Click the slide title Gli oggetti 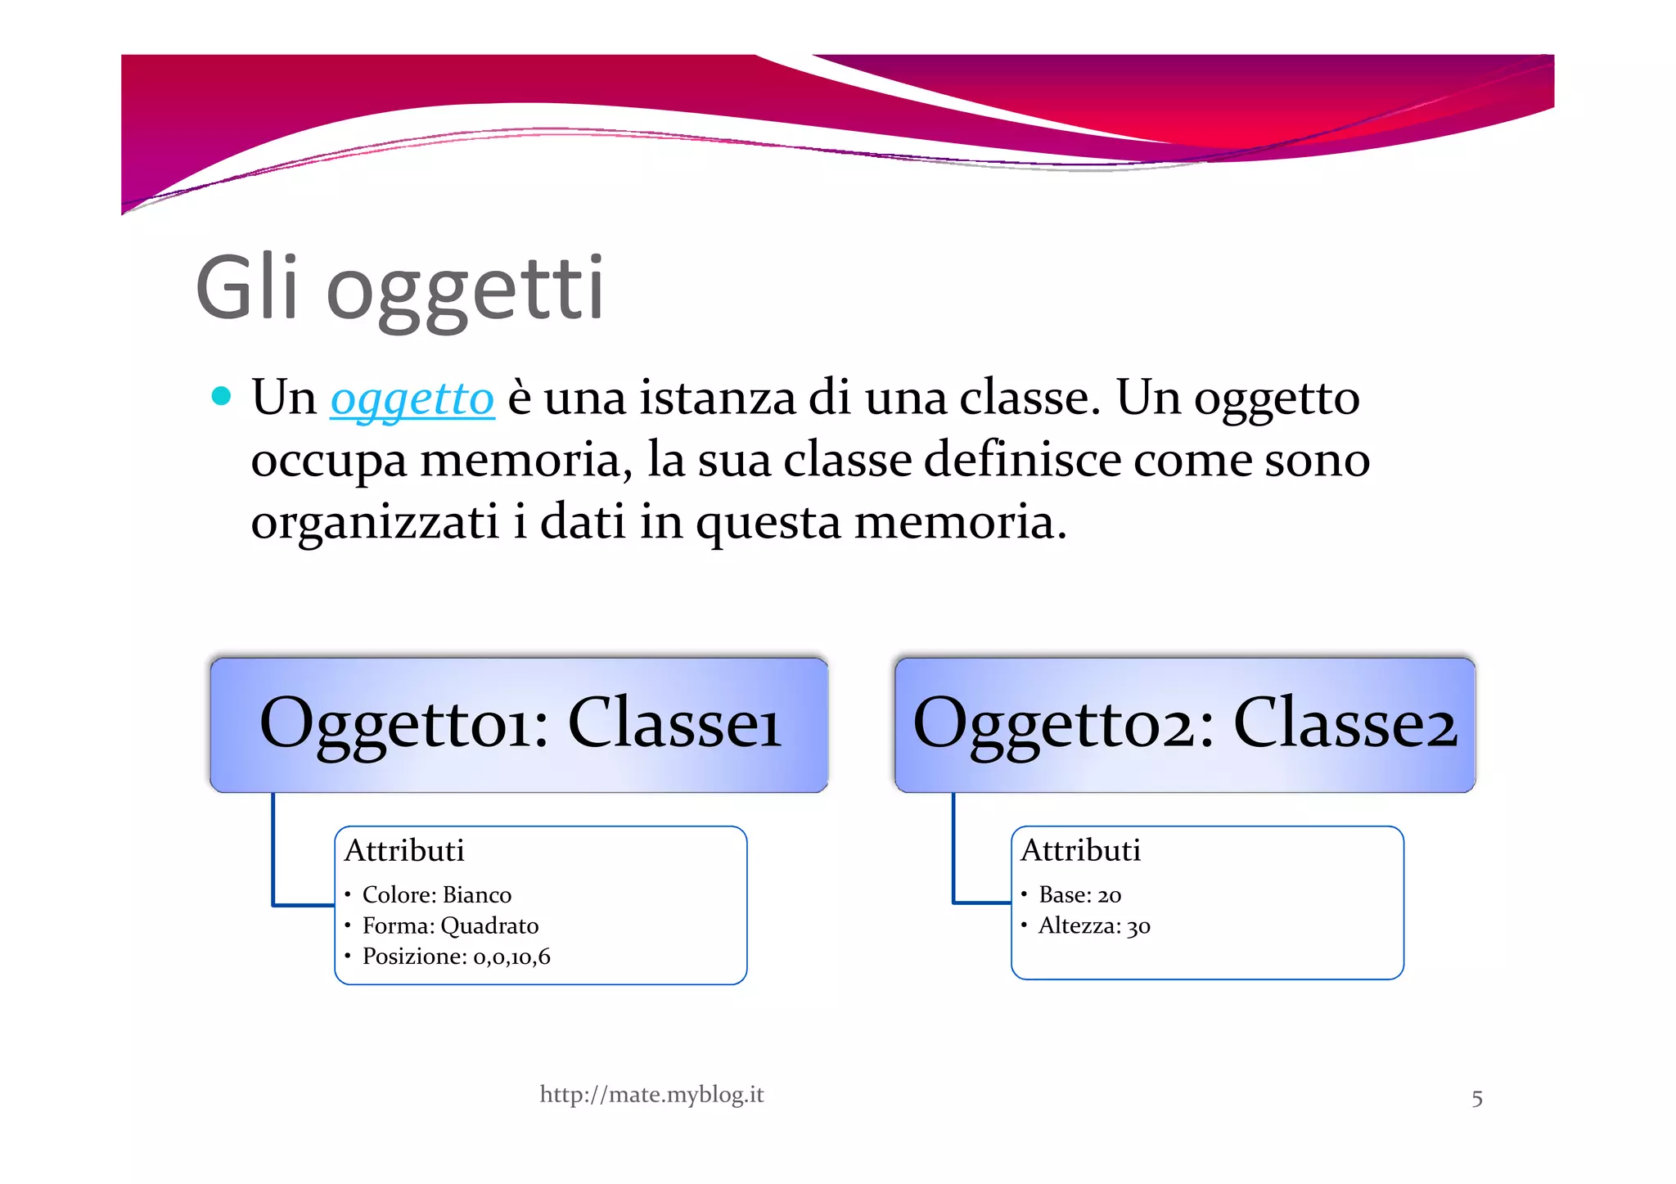point(399,290)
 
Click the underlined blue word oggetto point(412,399)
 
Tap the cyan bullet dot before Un point(221,397)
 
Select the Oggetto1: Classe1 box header point(519,724)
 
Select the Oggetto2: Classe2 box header point(1184,724)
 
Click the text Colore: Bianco point(436,894)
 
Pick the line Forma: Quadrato point(450,925)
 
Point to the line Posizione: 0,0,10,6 point(456,956)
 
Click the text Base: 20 point(1079,894)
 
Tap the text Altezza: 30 point(1093,925)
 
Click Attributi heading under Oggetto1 point(404,851)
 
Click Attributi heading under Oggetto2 point(1080,851)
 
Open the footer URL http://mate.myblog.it point(651,1095)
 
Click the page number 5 point(1476,1098)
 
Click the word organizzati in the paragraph point(374,522)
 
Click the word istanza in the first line point(717,398)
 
